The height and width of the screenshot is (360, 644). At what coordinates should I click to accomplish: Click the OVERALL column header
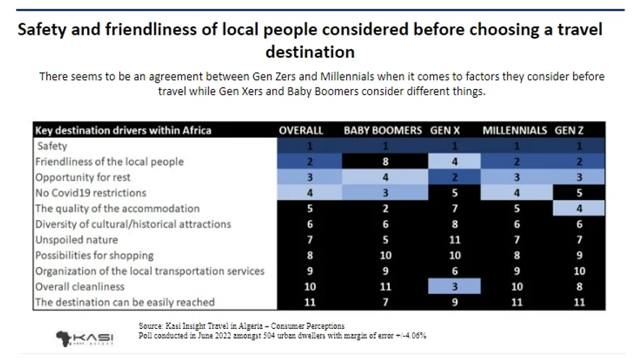pos(301,130)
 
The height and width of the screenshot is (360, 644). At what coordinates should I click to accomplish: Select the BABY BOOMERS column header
pos(382,130)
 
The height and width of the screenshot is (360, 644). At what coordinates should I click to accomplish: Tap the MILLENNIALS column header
pos(514,130)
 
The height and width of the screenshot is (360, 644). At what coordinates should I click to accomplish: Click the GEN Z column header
pos(570,130)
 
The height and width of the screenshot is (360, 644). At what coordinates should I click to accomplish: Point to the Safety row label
pos(51,146)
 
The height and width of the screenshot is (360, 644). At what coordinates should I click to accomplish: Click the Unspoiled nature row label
pos(77,240)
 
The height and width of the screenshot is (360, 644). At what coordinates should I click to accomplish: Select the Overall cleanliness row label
pos(80,286)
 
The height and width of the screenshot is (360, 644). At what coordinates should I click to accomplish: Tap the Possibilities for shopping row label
pos(95,255)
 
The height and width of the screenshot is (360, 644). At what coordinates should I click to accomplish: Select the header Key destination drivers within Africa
pos(124,130)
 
